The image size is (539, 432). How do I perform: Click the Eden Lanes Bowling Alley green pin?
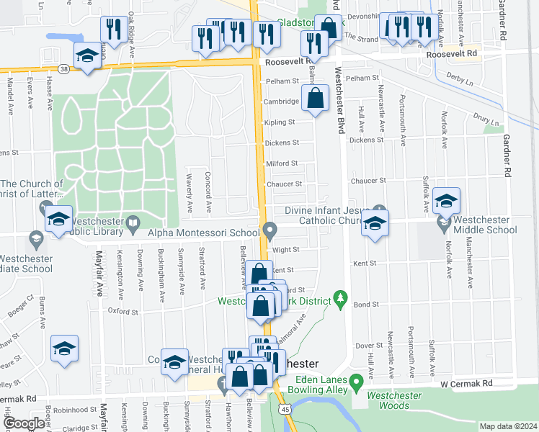click(x=356, y=381)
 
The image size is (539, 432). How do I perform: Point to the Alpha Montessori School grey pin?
click(x=270, y=231)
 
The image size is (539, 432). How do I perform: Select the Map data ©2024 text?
click(x=509, y=426)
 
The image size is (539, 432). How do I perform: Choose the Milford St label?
click(x=283, y=163)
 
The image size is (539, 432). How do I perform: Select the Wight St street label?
click(x=285, y=250)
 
